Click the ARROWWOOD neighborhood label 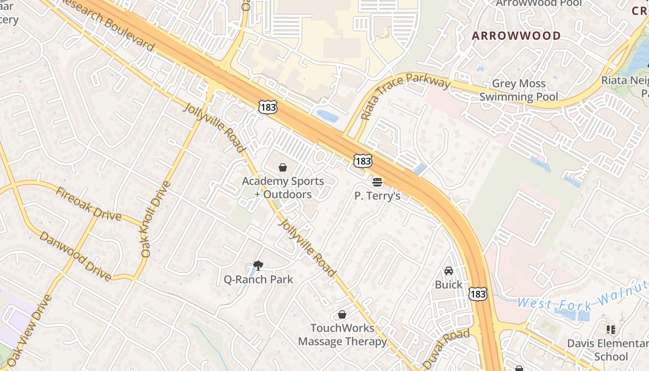[x=516, y=36]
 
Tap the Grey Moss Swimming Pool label [x=518, y=90]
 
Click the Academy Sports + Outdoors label [x=283, y=188]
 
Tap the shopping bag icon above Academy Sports [x=283, y=167]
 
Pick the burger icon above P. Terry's [x=377, y=182]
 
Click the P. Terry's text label [x=377, y=196]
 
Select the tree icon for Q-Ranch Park [x=258, y=266]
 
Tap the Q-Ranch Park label [x=258, y=279]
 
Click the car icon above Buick [x=448, y=271]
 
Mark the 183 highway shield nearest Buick [x=477, y=294]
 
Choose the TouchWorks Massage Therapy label [x=342, y=335]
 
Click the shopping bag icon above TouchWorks [x=342, y=315]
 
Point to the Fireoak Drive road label [x=88, y=204]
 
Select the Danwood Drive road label [x=75, y=256]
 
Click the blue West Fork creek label [x=582, y=297]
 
